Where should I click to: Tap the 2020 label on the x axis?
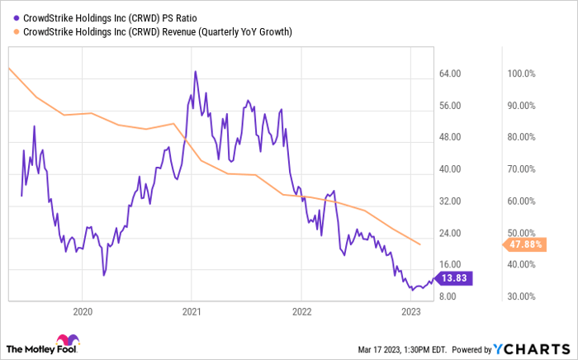[x=82, y=311]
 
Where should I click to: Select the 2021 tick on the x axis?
[x=191, y=311]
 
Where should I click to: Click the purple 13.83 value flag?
[x=453, y=278]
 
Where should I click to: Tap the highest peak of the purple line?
[x=195, y=72]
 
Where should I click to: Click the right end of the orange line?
[x=421, y=244]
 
